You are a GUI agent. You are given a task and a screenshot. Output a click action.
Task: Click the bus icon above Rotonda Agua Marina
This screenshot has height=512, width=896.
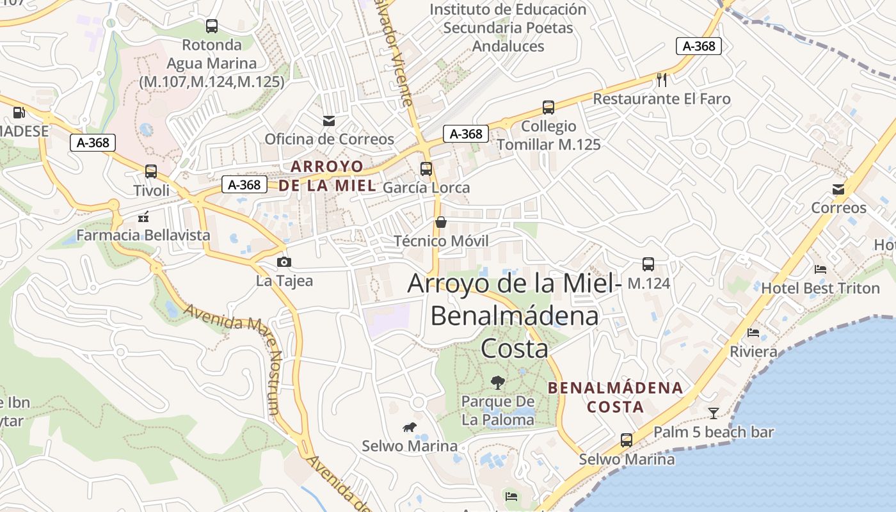coord(212,26)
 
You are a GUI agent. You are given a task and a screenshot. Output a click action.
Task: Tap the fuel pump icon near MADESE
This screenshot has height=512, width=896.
coord(19,113)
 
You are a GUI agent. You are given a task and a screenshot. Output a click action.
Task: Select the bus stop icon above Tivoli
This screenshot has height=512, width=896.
coord(151,172)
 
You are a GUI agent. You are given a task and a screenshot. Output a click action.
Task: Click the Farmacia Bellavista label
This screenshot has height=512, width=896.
coord(143,235)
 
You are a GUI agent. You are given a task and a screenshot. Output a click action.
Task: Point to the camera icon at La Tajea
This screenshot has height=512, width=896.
coord(284,262)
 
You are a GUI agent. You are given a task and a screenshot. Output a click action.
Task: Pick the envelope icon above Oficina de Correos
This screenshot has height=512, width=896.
coord(329,120)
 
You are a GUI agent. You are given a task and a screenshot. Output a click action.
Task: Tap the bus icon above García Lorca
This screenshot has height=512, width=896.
coord(426,169)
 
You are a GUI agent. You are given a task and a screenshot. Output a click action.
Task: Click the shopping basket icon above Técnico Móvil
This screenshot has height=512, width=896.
coord(441,222)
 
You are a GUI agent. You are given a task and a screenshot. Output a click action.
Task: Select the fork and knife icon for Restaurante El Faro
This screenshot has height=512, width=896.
coord(662,80)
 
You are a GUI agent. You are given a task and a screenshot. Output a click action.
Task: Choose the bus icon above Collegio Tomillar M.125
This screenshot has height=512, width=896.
coord(548,108)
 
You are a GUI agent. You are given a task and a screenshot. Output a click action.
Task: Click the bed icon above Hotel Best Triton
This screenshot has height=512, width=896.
coord(820,269)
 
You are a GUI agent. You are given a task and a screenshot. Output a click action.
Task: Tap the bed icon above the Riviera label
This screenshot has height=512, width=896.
coord(753,333)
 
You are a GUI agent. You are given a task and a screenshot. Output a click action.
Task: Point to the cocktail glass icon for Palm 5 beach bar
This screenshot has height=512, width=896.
coord(714,413)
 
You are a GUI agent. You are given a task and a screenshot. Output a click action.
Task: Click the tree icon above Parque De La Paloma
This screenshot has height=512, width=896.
coord(497,383)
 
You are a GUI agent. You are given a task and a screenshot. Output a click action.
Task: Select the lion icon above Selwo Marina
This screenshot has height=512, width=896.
coord(410,427)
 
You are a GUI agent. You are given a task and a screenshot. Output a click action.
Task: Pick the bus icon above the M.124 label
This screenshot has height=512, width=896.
coord(648,264)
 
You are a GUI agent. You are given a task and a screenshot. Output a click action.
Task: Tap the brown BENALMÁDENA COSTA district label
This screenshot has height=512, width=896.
coord(616,397)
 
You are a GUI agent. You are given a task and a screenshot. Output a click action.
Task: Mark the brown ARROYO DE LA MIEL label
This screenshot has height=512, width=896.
coord(327,176)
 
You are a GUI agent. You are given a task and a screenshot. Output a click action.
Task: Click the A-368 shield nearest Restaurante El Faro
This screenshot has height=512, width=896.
coord(699,46)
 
